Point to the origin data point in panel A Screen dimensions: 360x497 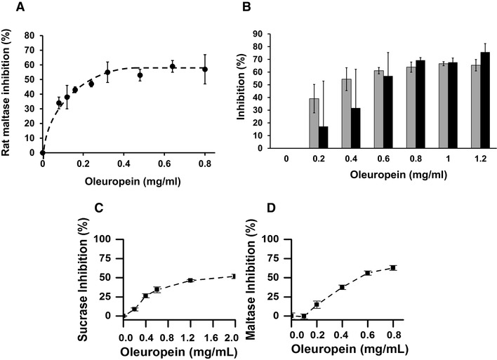click(x=43, y=152)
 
